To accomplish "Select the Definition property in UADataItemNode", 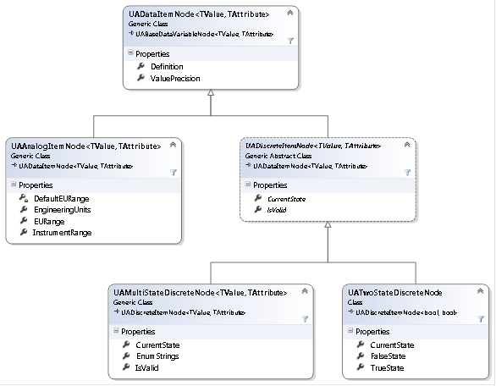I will click(x=166, y=66).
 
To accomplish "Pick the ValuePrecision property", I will click(x=175, y=78).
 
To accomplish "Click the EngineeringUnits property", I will click(x=62, y=208).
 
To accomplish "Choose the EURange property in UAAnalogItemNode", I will click(x=49, y=220).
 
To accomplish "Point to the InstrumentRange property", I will click(x=62, y=232).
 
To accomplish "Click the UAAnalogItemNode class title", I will click(x=85, y=146).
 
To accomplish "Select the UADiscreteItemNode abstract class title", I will click(x=312, y=146).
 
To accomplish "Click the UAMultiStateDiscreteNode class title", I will click(x=200, y=292).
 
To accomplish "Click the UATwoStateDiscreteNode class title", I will click(x=395, y=292).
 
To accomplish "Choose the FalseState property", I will click(x=390, y=357).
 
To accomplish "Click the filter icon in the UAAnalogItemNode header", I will click(x=173, y=172).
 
